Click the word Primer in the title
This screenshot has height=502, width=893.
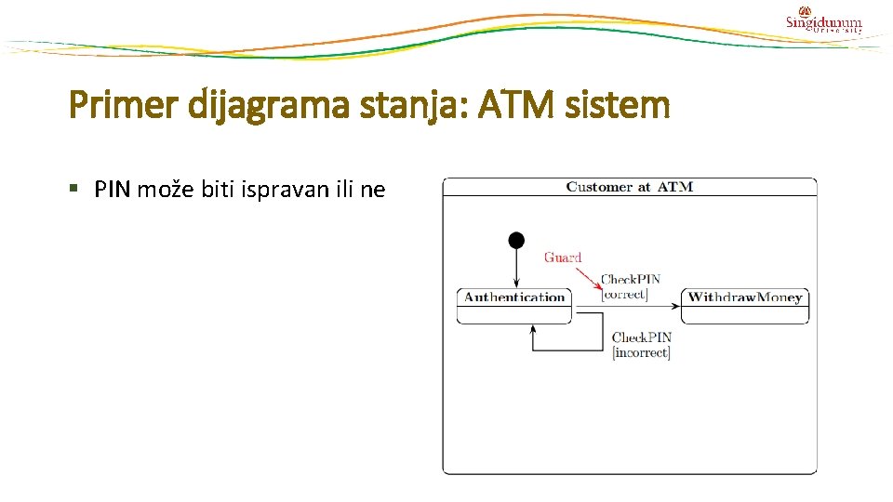125,105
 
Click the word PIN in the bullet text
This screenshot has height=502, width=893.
113,191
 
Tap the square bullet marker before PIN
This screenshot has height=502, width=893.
76,191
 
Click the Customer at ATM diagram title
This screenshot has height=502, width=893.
629,187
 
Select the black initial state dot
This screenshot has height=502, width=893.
516,241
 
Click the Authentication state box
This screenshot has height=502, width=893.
514,305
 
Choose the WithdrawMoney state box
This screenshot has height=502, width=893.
745,305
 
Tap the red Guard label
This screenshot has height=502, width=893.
563,258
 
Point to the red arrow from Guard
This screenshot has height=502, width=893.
587,276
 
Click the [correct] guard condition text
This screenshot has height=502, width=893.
625,295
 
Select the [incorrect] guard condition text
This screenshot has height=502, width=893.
641,353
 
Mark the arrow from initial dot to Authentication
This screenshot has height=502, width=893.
516,270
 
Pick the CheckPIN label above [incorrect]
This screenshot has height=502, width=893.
642,337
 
